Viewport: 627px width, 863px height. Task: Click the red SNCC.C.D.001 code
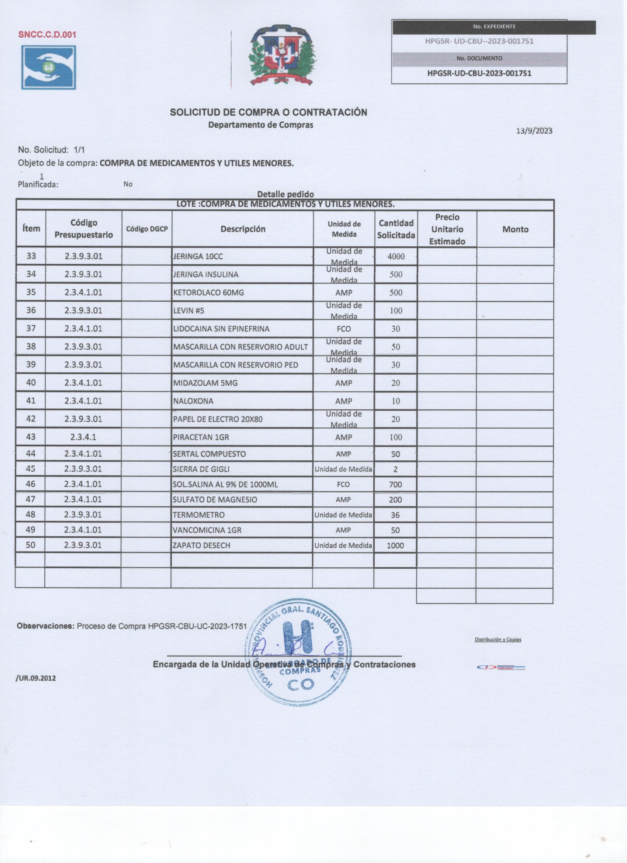point(47,35)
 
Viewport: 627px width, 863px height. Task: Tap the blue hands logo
point(49,67)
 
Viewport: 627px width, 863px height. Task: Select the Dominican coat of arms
point(282,55)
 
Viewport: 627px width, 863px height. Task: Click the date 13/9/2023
point(534,131)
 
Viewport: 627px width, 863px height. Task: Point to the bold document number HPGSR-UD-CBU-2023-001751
point(479,73)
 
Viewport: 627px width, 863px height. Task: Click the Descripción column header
point(243,229)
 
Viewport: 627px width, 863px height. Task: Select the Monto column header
point(515,229)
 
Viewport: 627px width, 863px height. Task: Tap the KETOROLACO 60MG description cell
point(208,292)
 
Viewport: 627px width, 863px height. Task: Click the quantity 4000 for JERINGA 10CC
point(396,256)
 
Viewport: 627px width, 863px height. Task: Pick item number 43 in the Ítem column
point(31,437)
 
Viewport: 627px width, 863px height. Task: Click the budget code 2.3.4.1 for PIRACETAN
point(83,437)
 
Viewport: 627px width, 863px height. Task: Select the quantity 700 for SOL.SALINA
point(395,484)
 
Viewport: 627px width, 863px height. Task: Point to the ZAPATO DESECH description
point(201,545)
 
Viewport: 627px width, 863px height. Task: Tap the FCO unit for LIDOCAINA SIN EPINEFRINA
point(343,329)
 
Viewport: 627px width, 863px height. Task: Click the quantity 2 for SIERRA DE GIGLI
point(395,469)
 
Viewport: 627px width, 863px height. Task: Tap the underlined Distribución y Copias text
point(498,639)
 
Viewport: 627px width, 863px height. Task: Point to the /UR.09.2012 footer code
point(36,678)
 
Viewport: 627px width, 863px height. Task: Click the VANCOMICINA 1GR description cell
point(207,530)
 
